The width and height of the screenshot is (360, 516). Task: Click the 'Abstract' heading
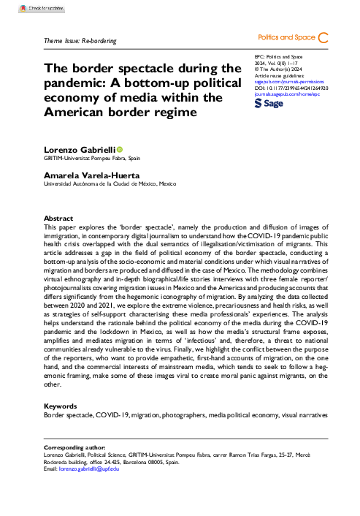click(x=58, y=219)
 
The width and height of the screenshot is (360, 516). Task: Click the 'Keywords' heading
click(x=61, y=404)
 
